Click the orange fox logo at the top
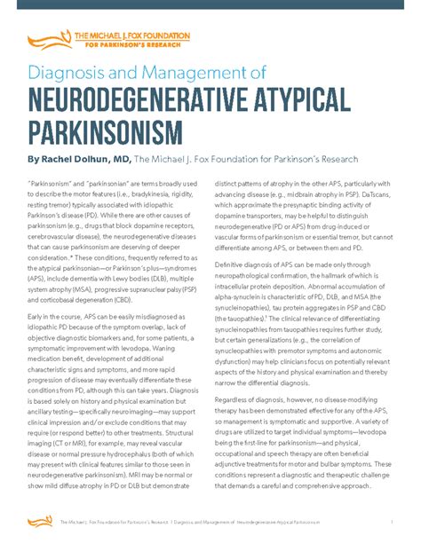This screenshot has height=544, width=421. coord(46,38)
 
